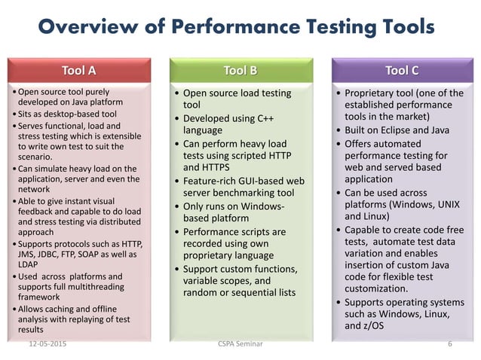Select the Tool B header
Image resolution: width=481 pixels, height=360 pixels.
pos(240,72)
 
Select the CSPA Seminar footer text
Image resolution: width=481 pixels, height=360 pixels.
pos(240,344)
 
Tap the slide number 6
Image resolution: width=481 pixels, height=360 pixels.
pos(449,344)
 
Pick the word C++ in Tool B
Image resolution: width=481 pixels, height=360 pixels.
pos(264,120)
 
